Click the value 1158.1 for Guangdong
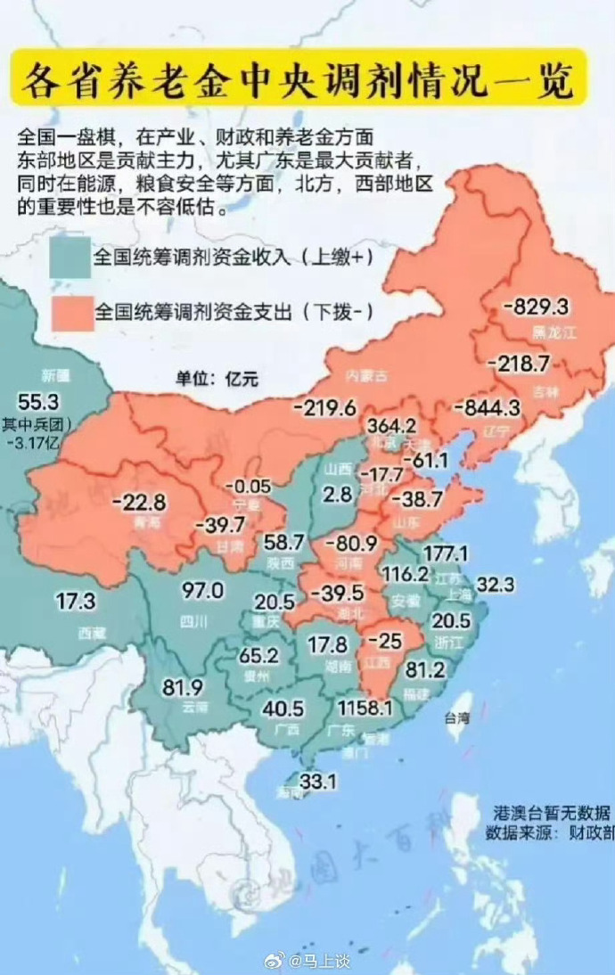coord(365,708)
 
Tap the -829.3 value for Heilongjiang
coord(536,307)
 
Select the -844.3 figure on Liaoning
coord(486,407)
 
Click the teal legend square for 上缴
coord(70,258)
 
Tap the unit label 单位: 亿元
coord(216,377)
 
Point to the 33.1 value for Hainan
coord(316,782)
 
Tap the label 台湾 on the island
coord(456,716)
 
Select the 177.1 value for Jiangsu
coord(446,554)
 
